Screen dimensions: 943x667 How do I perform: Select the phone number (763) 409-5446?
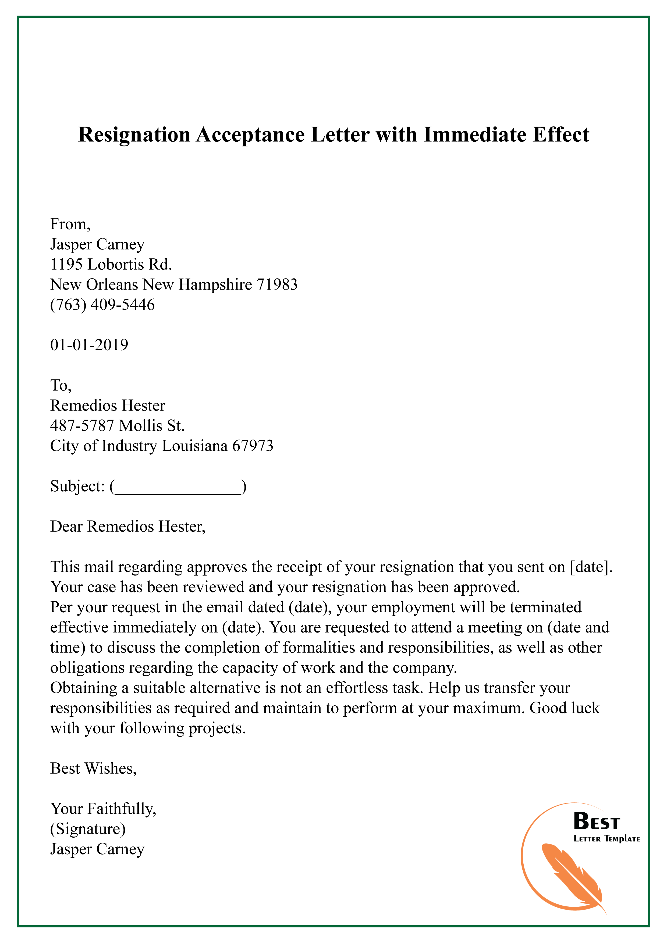102,305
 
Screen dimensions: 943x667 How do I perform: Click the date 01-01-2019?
89,345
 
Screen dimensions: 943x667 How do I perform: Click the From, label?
70,224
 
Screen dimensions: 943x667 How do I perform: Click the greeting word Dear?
67,527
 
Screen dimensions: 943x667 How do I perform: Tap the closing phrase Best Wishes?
93,769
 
